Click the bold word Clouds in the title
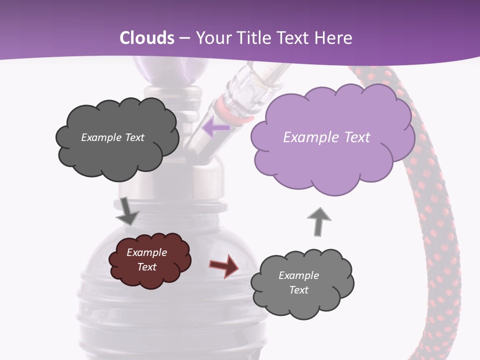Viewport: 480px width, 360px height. coord(147,38)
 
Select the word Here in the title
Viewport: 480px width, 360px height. coord(334,38)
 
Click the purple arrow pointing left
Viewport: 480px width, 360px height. coord(215,127)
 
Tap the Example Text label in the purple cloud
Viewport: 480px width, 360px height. coord(326,137)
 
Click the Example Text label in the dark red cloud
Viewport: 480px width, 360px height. coord(146,259)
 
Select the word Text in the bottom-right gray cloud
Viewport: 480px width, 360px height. coord(298,290)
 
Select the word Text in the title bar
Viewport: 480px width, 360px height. coord(296,38)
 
